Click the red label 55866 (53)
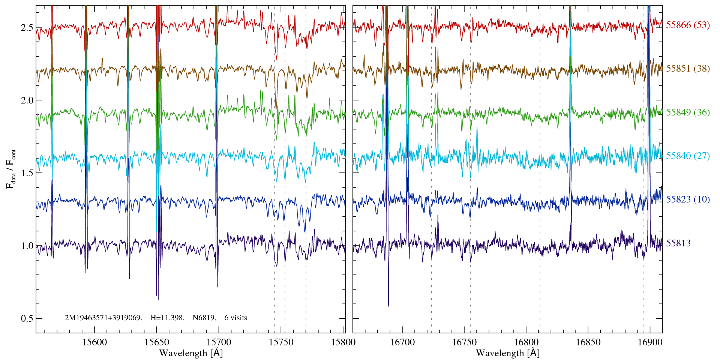click(x=688, y=25)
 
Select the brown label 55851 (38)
click(x=688, y=69)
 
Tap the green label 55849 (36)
click(x=688, y=112)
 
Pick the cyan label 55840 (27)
click(x=688, y=156)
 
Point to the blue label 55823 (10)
click(x=688, y=199)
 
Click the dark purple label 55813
click(x=678, y=243)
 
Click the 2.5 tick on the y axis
click(x=27, y=27)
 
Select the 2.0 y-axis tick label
click(x=27, y=100)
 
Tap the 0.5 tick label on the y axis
click(x=27, y=318)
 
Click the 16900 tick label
click(x=649, y=342)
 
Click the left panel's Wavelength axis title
click(x=191, y=353)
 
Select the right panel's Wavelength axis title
click(x=507, y=353)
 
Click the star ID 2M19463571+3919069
click(x=103, y=318)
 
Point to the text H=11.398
click(x=167, y=318)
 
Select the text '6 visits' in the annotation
click(x=236, y=318)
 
